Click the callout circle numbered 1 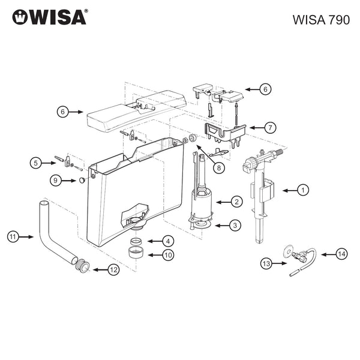304,190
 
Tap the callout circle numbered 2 236,202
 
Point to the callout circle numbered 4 169,241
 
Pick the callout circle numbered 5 36,163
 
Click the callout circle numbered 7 270,127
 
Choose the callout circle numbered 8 220,168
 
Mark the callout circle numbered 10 169,255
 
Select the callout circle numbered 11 13,237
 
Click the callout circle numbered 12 113,270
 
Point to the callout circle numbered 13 266,263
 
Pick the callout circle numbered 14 341,254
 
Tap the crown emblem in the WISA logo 20,17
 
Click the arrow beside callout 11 28,237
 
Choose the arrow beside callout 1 289,190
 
